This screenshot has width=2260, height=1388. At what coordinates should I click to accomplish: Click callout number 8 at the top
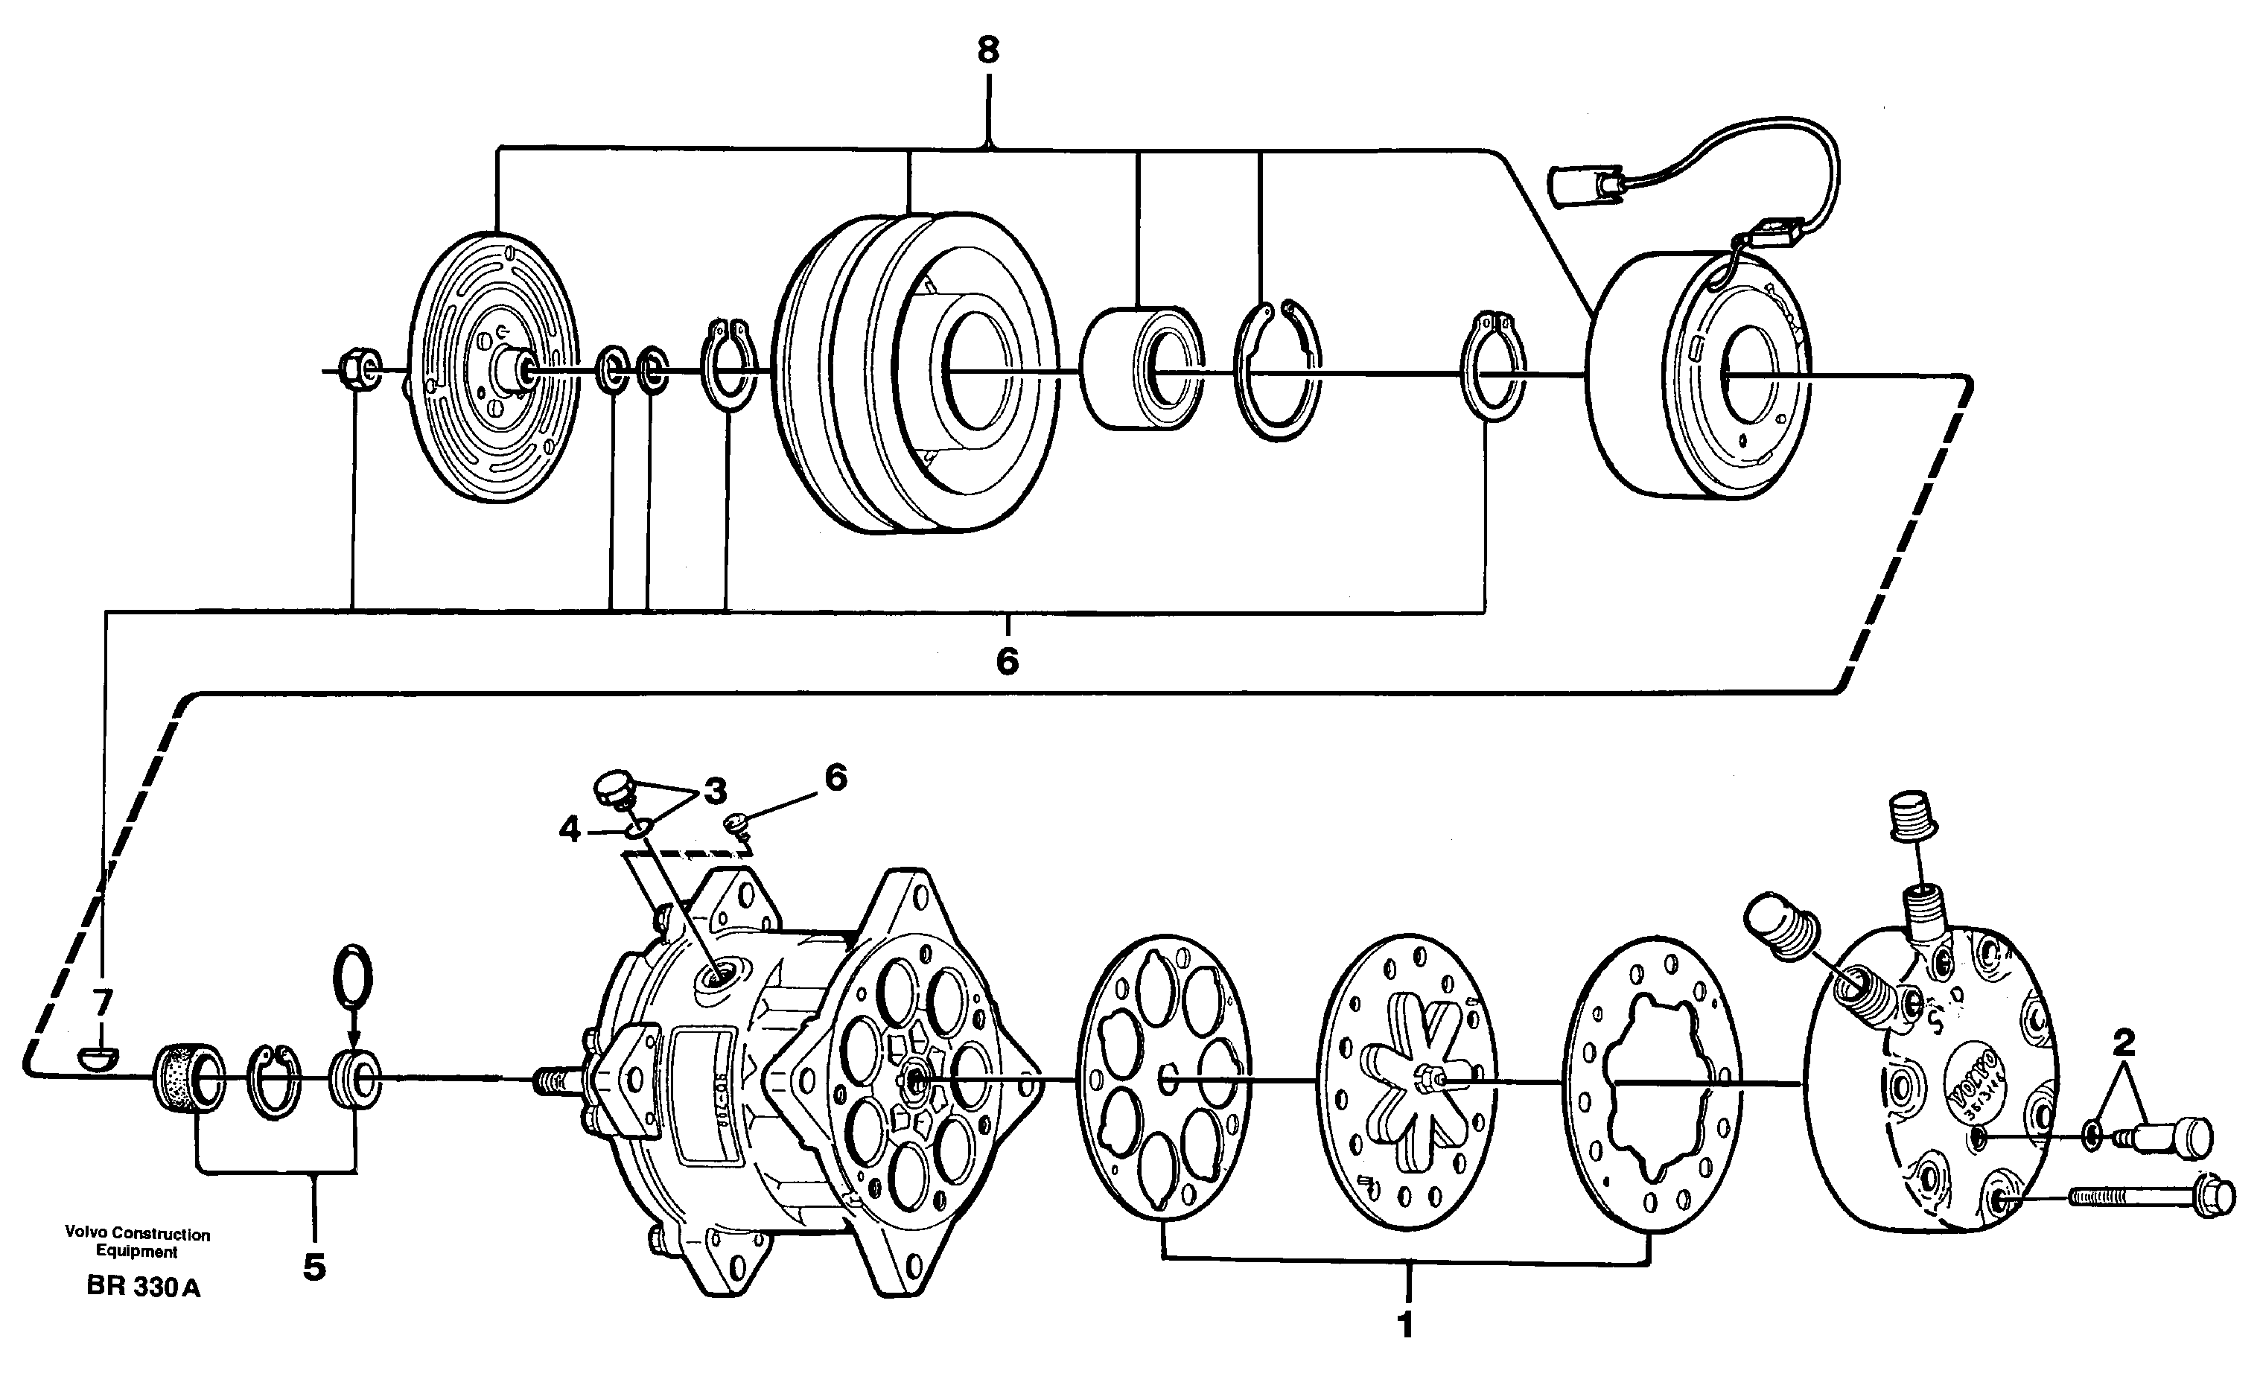click(987, 51)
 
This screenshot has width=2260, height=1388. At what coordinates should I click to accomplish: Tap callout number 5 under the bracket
click(314, 1268)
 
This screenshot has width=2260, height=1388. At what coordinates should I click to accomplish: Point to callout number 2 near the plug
click(2122, 1042)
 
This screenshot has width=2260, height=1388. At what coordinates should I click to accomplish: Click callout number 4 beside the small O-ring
click(570, 830)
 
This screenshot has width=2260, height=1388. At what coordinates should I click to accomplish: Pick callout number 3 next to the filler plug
click(715, 790)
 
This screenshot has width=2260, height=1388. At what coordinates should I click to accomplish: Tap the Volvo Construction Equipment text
click(138, 1242)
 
